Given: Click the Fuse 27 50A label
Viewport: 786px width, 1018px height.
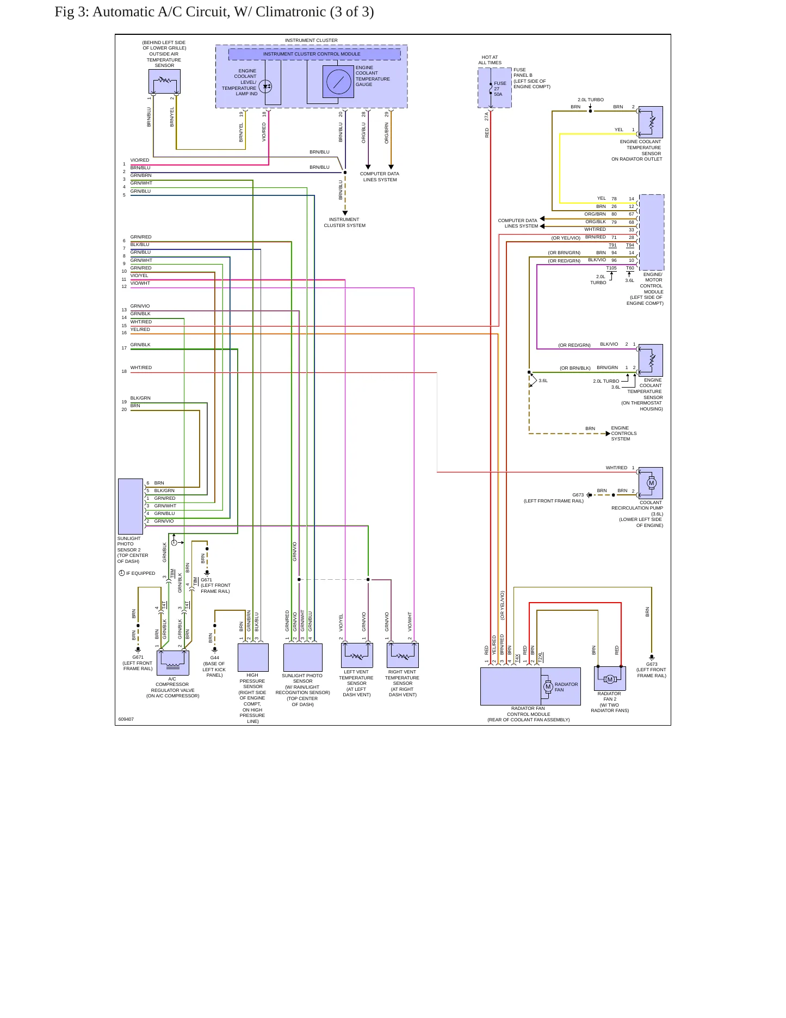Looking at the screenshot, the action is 499,89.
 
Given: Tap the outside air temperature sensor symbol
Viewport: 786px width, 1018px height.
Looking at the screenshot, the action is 164,81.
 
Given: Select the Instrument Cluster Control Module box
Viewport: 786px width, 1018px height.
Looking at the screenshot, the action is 314,54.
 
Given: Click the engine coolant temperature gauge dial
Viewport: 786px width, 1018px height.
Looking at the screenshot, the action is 338,82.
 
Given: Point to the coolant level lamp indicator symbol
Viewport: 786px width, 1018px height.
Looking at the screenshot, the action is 265,86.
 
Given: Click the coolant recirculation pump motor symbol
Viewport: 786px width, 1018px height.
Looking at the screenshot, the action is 651,483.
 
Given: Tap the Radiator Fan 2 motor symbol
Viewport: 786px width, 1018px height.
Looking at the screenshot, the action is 610,679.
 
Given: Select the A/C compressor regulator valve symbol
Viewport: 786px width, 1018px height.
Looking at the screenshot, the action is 173,663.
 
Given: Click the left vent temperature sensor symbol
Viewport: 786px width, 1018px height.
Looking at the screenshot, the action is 357,655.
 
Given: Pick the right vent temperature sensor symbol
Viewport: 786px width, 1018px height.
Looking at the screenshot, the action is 403,655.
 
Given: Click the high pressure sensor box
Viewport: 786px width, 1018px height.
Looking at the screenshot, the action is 253,658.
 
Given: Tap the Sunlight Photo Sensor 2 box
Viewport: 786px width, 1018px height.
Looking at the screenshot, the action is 131,506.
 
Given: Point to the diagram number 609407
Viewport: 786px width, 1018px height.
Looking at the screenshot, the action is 126,719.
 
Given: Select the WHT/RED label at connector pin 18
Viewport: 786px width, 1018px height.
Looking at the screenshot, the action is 141,367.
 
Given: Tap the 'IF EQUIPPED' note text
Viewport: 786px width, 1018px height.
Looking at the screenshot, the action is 140,573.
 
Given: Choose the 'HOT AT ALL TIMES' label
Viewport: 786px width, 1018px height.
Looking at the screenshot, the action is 490,60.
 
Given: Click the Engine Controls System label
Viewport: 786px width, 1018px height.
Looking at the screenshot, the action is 623,433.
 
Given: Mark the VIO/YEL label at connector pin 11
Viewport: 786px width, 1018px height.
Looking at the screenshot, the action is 139,275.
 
